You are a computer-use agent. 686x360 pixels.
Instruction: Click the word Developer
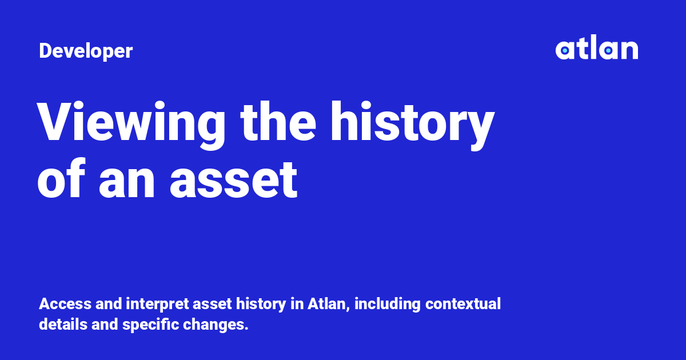click(x=86, y=51)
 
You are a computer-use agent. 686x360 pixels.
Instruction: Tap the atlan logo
click(x=596, y=49)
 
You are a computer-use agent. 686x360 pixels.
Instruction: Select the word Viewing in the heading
click(x=131, y=123)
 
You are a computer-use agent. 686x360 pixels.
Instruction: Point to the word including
click(x=386, y=304)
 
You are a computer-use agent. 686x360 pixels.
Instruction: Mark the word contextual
click(x=463, y=304)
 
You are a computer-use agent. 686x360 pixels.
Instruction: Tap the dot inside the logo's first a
click(x=565, y=51)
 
